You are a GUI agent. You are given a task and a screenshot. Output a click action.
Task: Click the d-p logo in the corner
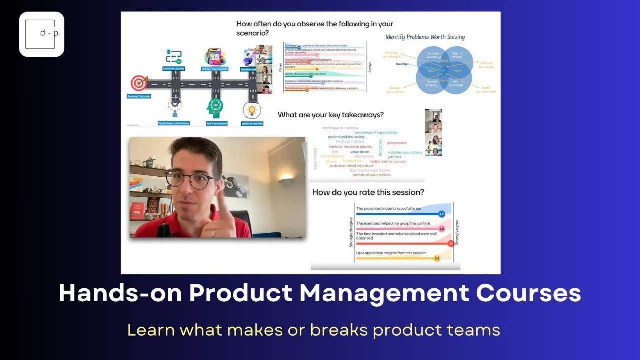42,34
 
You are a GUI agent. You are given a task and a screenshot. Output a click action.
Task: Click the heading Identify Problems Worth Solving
425,37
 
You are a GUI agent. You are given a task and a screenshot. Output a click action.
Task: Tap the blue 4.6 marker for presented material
441,214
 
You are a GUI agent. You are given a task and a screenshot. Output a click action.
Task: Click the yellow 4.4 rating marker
437,258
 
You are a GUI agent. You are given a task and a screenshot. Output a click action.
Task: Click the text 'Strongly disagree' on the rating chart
351,233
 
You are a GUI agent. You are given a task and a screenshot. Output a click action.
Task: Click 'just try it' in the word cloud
395,157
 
